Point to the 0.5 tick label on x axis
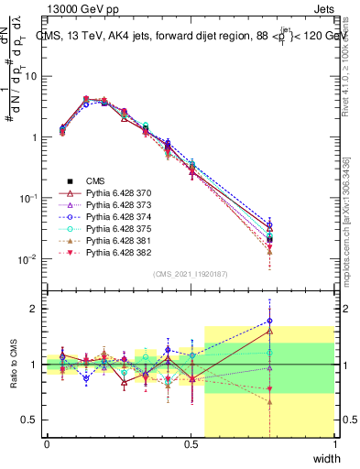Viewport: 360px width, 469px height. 191,443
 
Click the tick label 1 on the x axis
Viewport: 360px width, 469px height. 335,443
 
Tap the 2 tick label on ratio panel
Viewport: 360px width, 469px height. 33,309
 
